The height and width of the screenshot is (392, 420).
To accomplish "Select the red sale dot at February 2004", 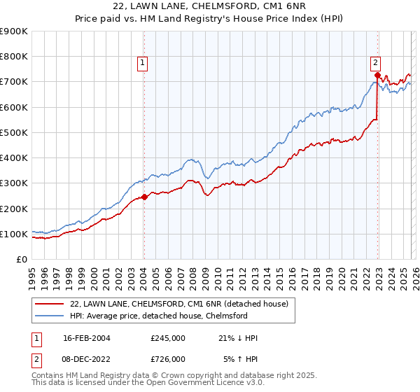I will pyautogui.click(x=144, y=197).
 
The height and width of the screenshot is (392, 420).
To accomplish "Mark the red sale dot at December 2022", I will pyautogui.click(x=377, y=74).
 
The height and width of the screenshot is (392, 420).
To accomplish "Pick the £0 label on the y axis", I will pyautogui.click(x=21, y=260).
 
